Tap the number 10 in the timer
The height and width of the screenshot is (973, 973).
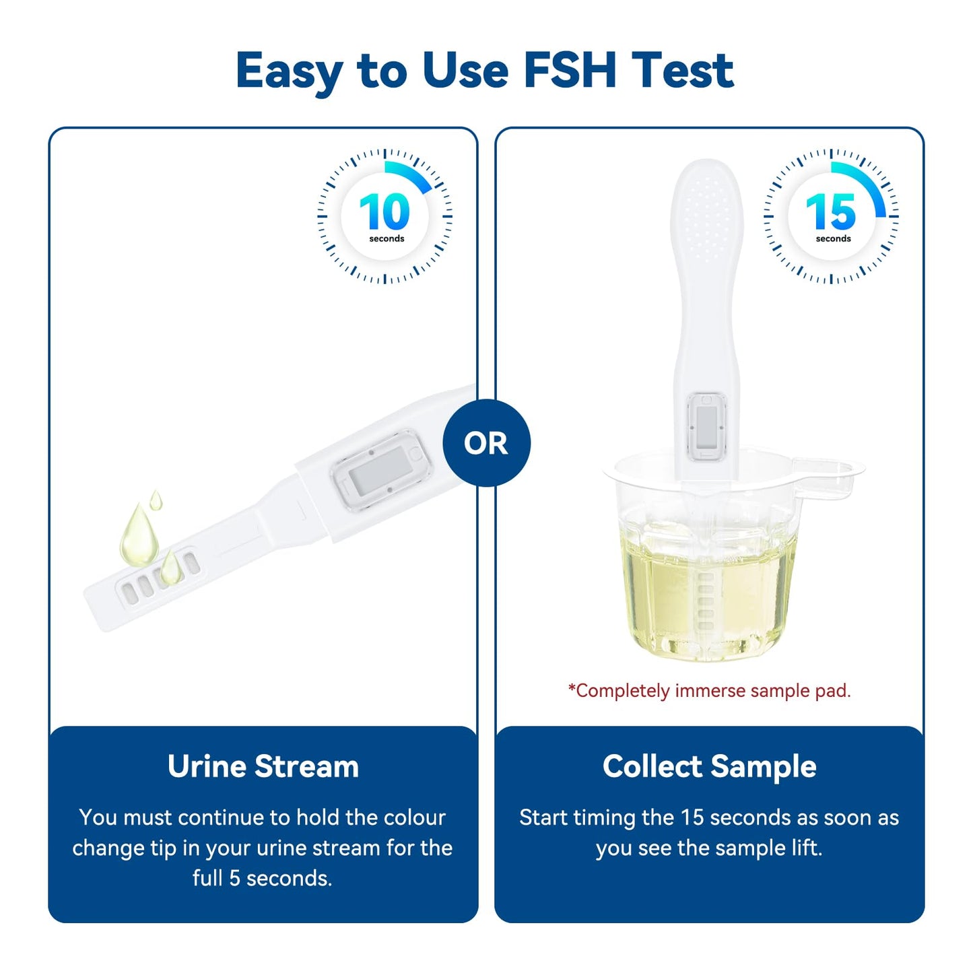click(x=384, y=212)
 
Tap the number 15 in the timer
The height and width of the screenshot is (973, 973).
click(x=831, y=212)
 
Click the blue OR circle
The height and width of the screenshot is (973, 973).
click(x=486, y=443)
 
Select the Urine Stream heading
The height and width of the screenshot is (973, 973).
click(x=263, y=766)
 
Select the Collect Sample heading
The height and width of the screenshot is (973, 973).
click(x=709, y=766)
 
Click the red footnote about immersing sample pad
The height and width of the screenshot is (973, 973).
click(x=709, y=691)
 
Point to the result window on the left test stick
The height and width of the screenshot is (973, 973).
click(x=380, y=469)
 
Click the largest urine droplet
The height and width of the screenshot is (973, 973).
click(x=139, y=535)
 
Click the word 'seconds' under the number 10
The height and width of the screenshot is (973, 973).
click(x=387, y=239)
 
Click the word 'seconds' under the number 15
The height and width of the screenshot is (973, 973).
click(x=833, y=239)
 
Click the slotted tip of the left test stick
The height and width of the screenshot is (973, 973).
click(x=158, y=579)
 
